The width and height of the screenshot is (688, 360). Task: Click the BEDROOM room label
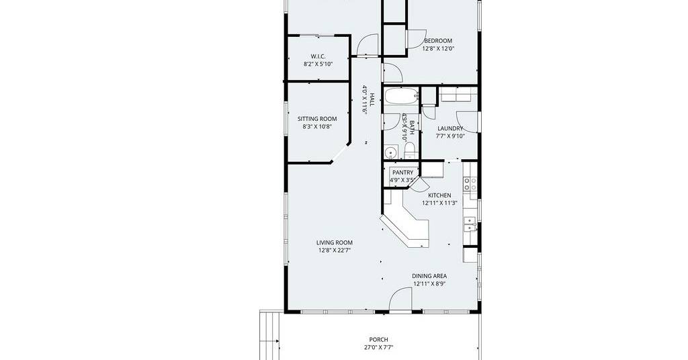point(438,41)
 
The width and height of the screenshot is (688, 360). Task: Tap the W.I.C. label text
point(318,56)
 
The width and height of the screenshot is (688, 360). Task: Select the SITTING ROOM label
point(317,119)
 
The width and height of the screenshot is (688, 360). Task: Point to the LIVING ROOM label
point(335,242)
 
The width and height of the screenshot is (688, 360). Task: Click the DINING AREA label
point(429,276)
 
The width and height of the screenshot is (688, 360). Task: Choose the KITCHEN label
point(439,195)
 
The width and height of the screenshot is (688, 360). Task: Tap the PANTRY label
point(402,173)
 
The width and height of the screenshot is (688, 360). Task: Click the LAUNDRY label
point(450,128)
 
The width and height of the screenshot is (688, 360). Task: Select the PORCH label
point(378,339)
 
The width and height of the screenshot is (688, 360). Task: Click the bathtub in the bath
point(402,96)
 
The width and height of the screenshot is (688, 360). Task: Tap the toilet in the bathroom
point(409,150)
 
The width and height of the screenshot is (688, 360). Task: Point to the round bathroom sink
point(390,152)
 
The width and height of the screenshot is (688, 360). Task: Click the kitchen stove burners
point(470,183)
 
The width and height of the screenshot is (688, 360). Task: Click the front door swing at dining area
point(400,300)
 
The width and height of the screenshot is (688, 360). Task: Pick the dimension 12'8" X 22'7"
point(335,251)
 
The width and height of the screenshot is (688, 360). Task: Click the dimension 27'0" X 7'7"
point(378,347)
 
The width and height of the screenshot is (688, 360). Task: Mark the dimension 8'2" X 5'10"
point(318,64)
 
